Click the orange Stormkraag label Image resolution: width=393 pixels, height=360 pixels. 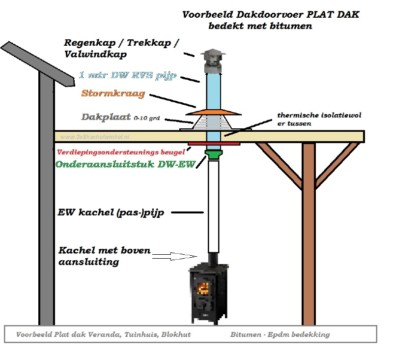[113, 93]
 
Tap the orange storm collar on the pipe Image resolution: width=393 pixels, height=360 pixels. [214, 113]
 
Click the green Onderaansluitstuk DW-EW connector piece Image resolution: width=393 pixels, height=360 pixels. [214, 154]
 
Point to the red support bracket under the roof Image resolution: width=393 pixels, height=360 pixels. [214, 144]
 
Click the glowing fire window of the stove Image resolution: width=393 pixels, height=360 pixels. [203, 288]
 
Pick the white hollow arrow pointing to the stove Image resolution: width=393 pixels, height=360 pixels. [175, 256]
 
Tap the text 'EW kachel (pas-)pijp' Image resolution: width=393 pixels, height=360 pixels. [111, 212]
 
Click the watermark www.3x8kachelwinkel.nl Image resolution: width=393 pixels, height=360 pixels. [95, 137]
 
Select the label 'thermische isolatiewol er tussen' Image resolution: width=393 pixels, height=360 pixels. [319, 119]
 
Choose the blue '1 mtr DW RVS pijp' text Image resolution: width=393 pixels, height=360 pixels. [128, 75]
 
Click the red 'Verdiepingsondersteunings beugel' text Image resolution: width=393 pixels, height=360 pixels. [121, 152]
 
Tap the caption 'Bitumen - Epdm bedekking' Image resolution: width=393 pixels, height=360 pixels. [280, 334]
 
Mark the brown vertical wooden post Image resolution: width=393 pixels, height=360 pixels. [309, 234]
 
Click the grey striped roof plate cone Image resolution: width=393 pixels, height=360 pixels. [214, 122]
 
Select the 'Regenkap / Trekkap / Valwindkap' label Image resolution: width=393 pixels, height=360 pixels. [121, 48]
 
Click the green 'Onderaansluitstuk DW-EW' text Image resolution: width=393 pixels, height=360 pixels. [125, 164]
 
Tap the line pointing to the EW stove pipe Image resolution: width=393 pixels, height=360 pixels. [187, 212]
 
